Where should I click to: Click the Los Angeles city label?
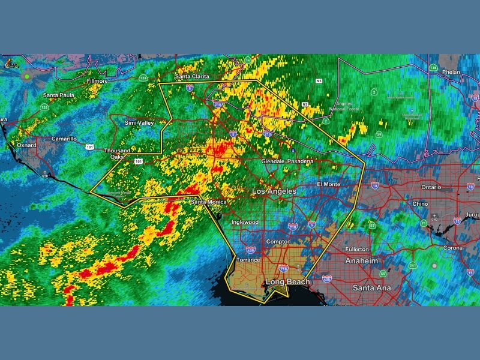click(274, 191)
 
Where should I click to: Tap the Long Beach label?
click(288, 281)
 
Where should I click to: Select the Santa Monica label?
click(209, 202)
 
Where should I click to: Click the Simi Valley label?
click(139, 122)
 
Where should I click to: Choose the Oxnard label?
click(26, 145)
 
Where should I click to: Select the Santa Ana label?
click(371, 288)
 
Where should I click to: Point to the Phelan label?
click(451, 72)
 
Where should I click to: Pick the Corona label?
click(452, 247)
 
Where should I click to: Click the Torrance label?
click(248, 260)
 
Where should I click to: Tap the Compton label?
click(278, 242)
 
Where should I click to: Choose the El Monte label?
click(329, 184)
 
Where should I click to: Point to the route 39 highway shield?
click(379, 135)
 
